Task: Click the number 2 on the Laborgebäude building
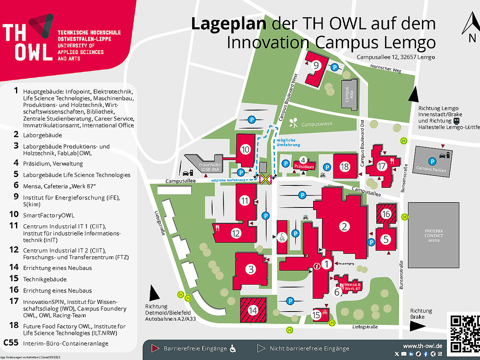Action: (344, 227)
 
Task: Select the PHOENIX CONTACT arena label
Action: (434, 235)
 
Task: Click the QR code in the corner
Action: (464, 334)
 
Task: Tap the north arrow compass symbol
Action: (471, 27)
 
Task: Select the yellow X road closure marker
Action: (265, 179)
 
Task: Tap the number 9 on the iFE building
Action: (316, 66)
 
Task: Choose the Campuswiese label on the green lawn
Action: (317, 124)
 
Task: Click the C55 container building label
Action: (282, 237)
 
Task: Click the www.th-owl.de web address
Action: (422, 346)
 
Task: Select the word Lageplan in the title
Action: (228, 24)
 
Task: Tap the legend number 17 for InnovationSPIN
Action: (14, 301)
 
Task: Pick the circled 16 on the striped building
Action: (386, 214)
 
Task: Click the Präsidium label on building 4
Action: (304, 166)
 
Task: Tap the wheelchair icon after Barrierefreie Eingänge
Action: (233, 349)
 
